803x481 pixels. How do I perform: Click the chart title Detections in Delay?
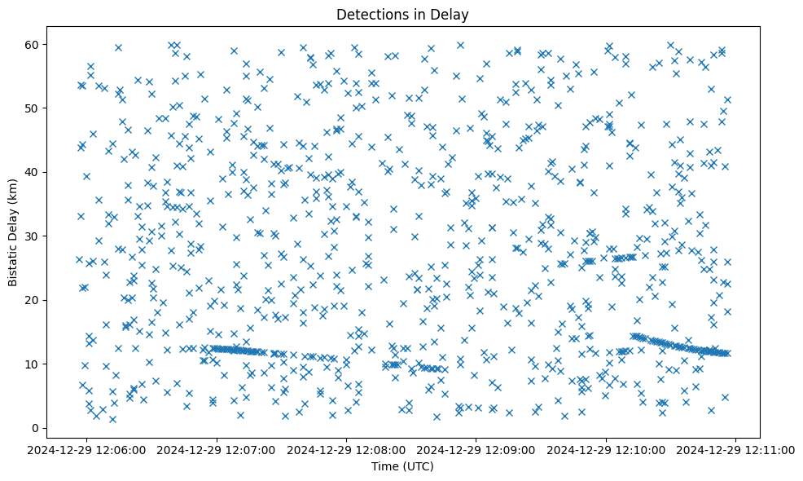[402, 14]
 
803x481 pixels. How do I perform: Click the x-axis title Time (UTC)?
[402, 467]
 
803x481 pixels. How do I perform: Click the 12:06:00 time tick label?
[88, 449]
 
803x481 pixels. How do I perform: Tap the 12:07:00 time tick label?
[217, 449]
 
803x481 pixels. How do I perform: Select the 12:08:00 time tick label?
[347, 449]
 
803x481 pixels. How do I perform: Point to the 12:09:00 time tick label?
[476, 449]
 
